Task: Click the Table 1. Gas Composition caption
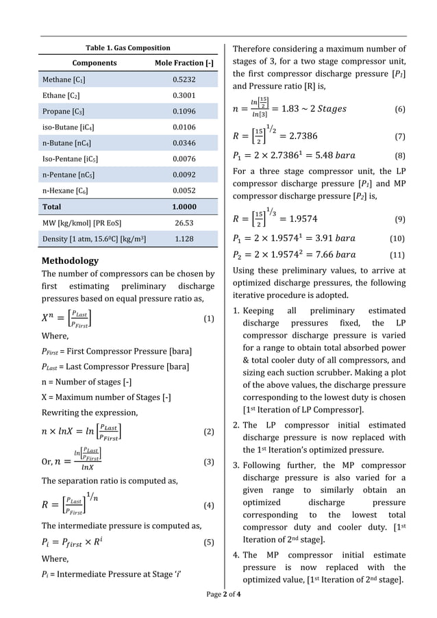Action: pos(127,48)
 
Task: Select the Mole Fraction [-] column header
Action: pos(184,63)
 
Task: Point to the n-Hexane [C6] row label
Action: pos(65,190)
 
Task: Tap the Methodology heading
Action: pos(70,261)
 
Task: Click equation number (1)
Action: pos(209,319)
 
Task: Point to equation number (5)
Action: pos(209,543)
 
